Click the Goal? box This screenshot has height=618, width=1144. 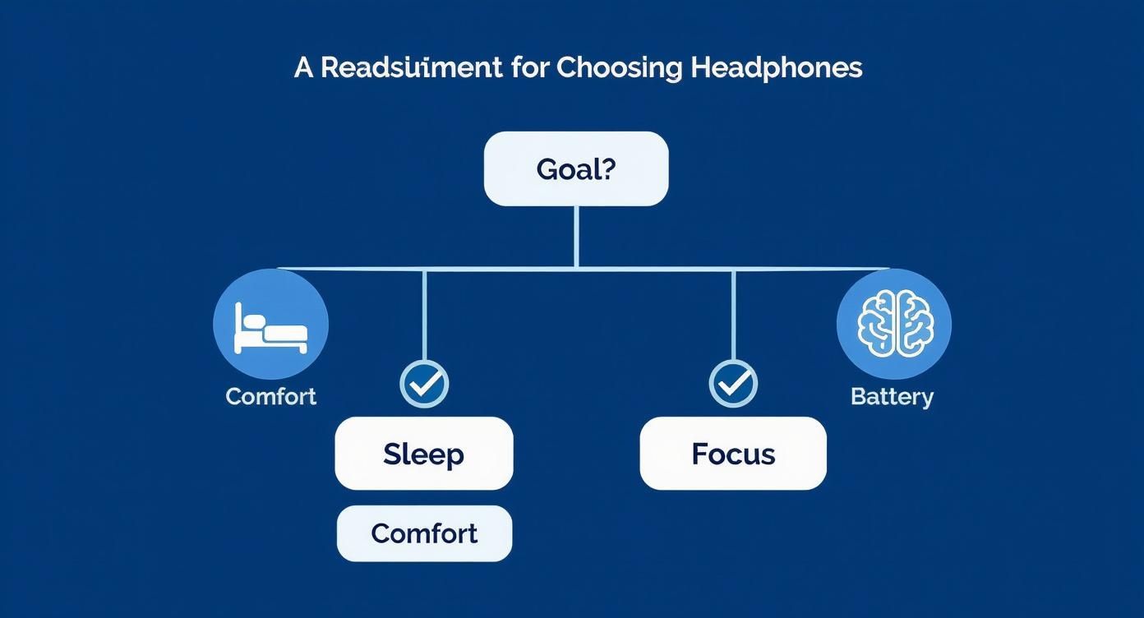pyautogui.click(x=575, y=168)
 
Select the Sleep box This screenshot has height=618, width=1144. pyautogui.click(x=423, y=454)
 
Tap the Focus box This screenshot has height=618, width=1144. pyautogui.click(x=733, y=454)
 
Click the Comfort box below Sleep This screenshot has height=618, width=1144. pyautogui.click(x=424, y=533)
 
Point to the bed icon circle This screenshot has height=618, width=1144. pyautogui.click(x=270, y=324)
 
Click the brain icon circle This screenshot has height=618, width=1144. pyautogui.click(x=893, y=324)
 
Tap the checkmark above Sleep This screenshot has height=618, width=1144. pyautogui.click(x=424, y=383)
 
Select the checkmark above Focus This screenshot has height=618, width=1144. pyautogui.click(x=733, y=383)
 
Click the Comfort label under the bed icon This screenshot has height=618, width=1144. pyautogui.click(x=270, y=396)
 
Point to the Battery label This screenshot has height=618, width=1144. pyautogui.click(x=892, y=397)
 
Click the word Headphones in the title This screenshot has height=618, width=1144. pyautogui.click(x=776, y=67)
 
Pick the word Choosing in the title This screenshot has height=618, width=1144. pyautogui.click(x=619, y=67)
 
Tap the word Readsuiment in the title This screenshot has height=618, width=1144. pyautogui.click(x=411, y=67)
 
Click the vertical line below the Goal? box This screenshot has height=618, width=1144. pyautogui.click(x=576, y=237)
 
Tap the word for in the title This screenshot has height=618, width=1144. pyautogui.click(x=529, y=67)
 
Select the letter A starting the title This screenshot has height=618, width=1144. pyautogui.click(x=303, y=67)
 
